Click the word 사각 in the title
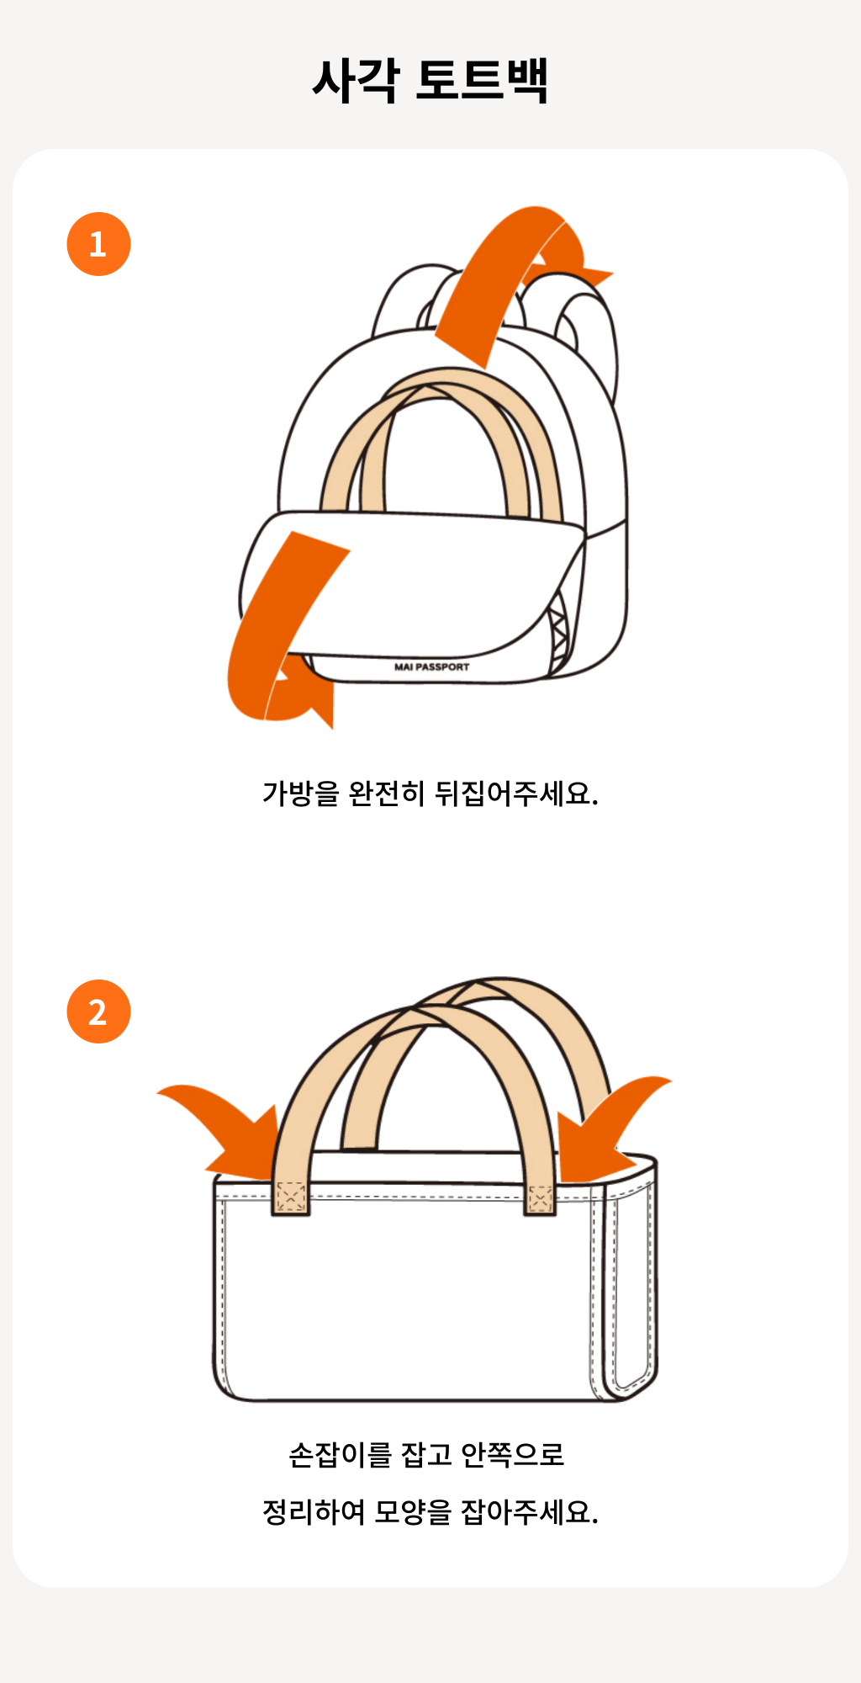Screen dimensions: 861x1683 356,81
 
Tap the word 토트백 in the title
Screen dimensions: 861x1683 482,81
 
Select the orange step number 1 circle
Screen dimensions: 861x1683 98,244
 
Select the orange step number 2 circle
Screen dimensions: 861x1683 98,1011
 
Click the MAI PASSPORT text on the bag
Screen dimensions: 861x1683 431,666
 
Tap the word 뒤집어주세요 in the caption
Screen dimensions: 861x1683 515,794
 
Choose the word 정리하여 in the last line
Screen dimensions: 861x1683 314,1513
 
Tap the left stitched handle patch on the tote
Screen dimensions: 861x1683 291,1197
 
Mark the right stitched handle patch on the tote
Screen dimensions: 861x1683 541,1199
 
